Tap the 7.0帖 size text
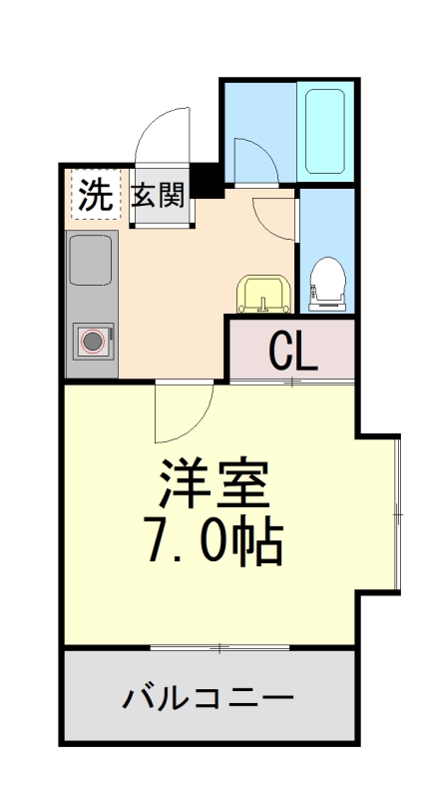click(215, 542)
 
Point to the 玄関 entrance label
click(160, 194)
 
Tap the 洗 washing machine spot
click(94, 194)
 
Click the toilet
click(325, 283)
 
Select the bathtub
click(324, 133)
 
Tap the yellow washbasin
click(263, 294)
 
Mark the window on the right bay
click(398, 513)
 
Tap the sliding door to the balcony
click(219, 648)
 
